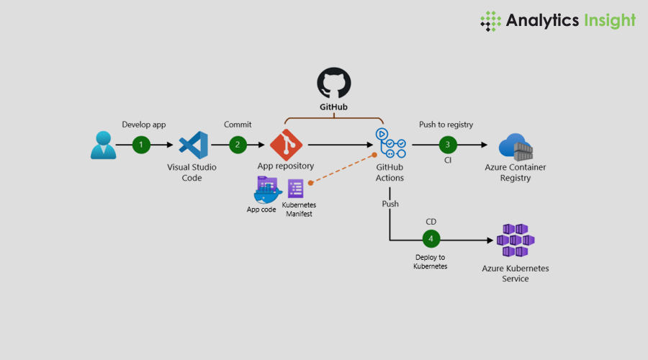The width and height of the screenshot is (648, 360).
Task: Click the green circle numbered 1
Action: click(x=141, y=145)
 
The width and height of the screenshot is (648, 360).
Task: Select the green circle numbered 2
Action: click(x=238, y=145)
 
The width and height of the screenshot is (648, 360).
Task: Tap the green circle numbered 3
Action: click(x=448, y=145)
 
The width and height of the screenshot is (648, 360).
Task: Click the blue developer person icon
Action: click(x=103, y=145)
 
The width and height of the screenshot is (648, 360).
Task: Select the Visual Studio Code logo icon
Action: click(x=192, y=145)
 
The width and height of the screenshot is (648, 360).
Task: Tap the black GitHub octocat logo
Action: click(x=334, y=84)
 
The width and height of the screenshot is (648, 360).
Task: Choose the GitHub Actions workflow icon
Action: click(x=390, y=143)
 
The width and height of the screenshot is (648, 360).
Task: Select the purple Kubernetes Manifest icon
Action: click(x=295, y=189)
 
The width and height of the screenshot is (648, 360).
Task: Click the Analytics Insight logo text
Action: click(x=570, y=20)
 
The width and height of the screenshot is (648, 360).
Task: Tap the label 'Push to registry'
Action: click(x=446, y=125)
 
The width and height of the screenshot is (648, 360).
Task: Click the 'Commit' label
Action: click(x=238, y=125)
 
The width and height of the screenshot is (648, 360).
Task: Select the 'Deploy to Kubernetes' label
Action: click(x=431, y=261)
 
